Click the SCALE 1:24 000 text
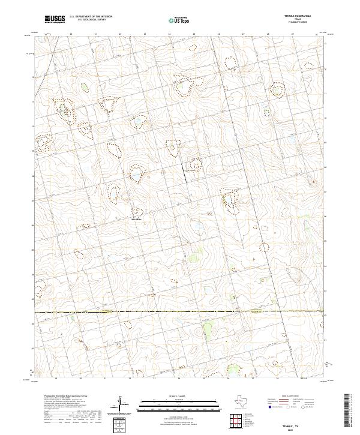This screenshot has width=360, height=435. (x=172, y=396)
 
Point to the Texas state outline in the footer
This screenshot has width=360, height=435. (x=245, y=399)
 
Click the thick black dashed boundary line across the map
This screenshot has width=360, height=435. (x=180, y=311)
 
